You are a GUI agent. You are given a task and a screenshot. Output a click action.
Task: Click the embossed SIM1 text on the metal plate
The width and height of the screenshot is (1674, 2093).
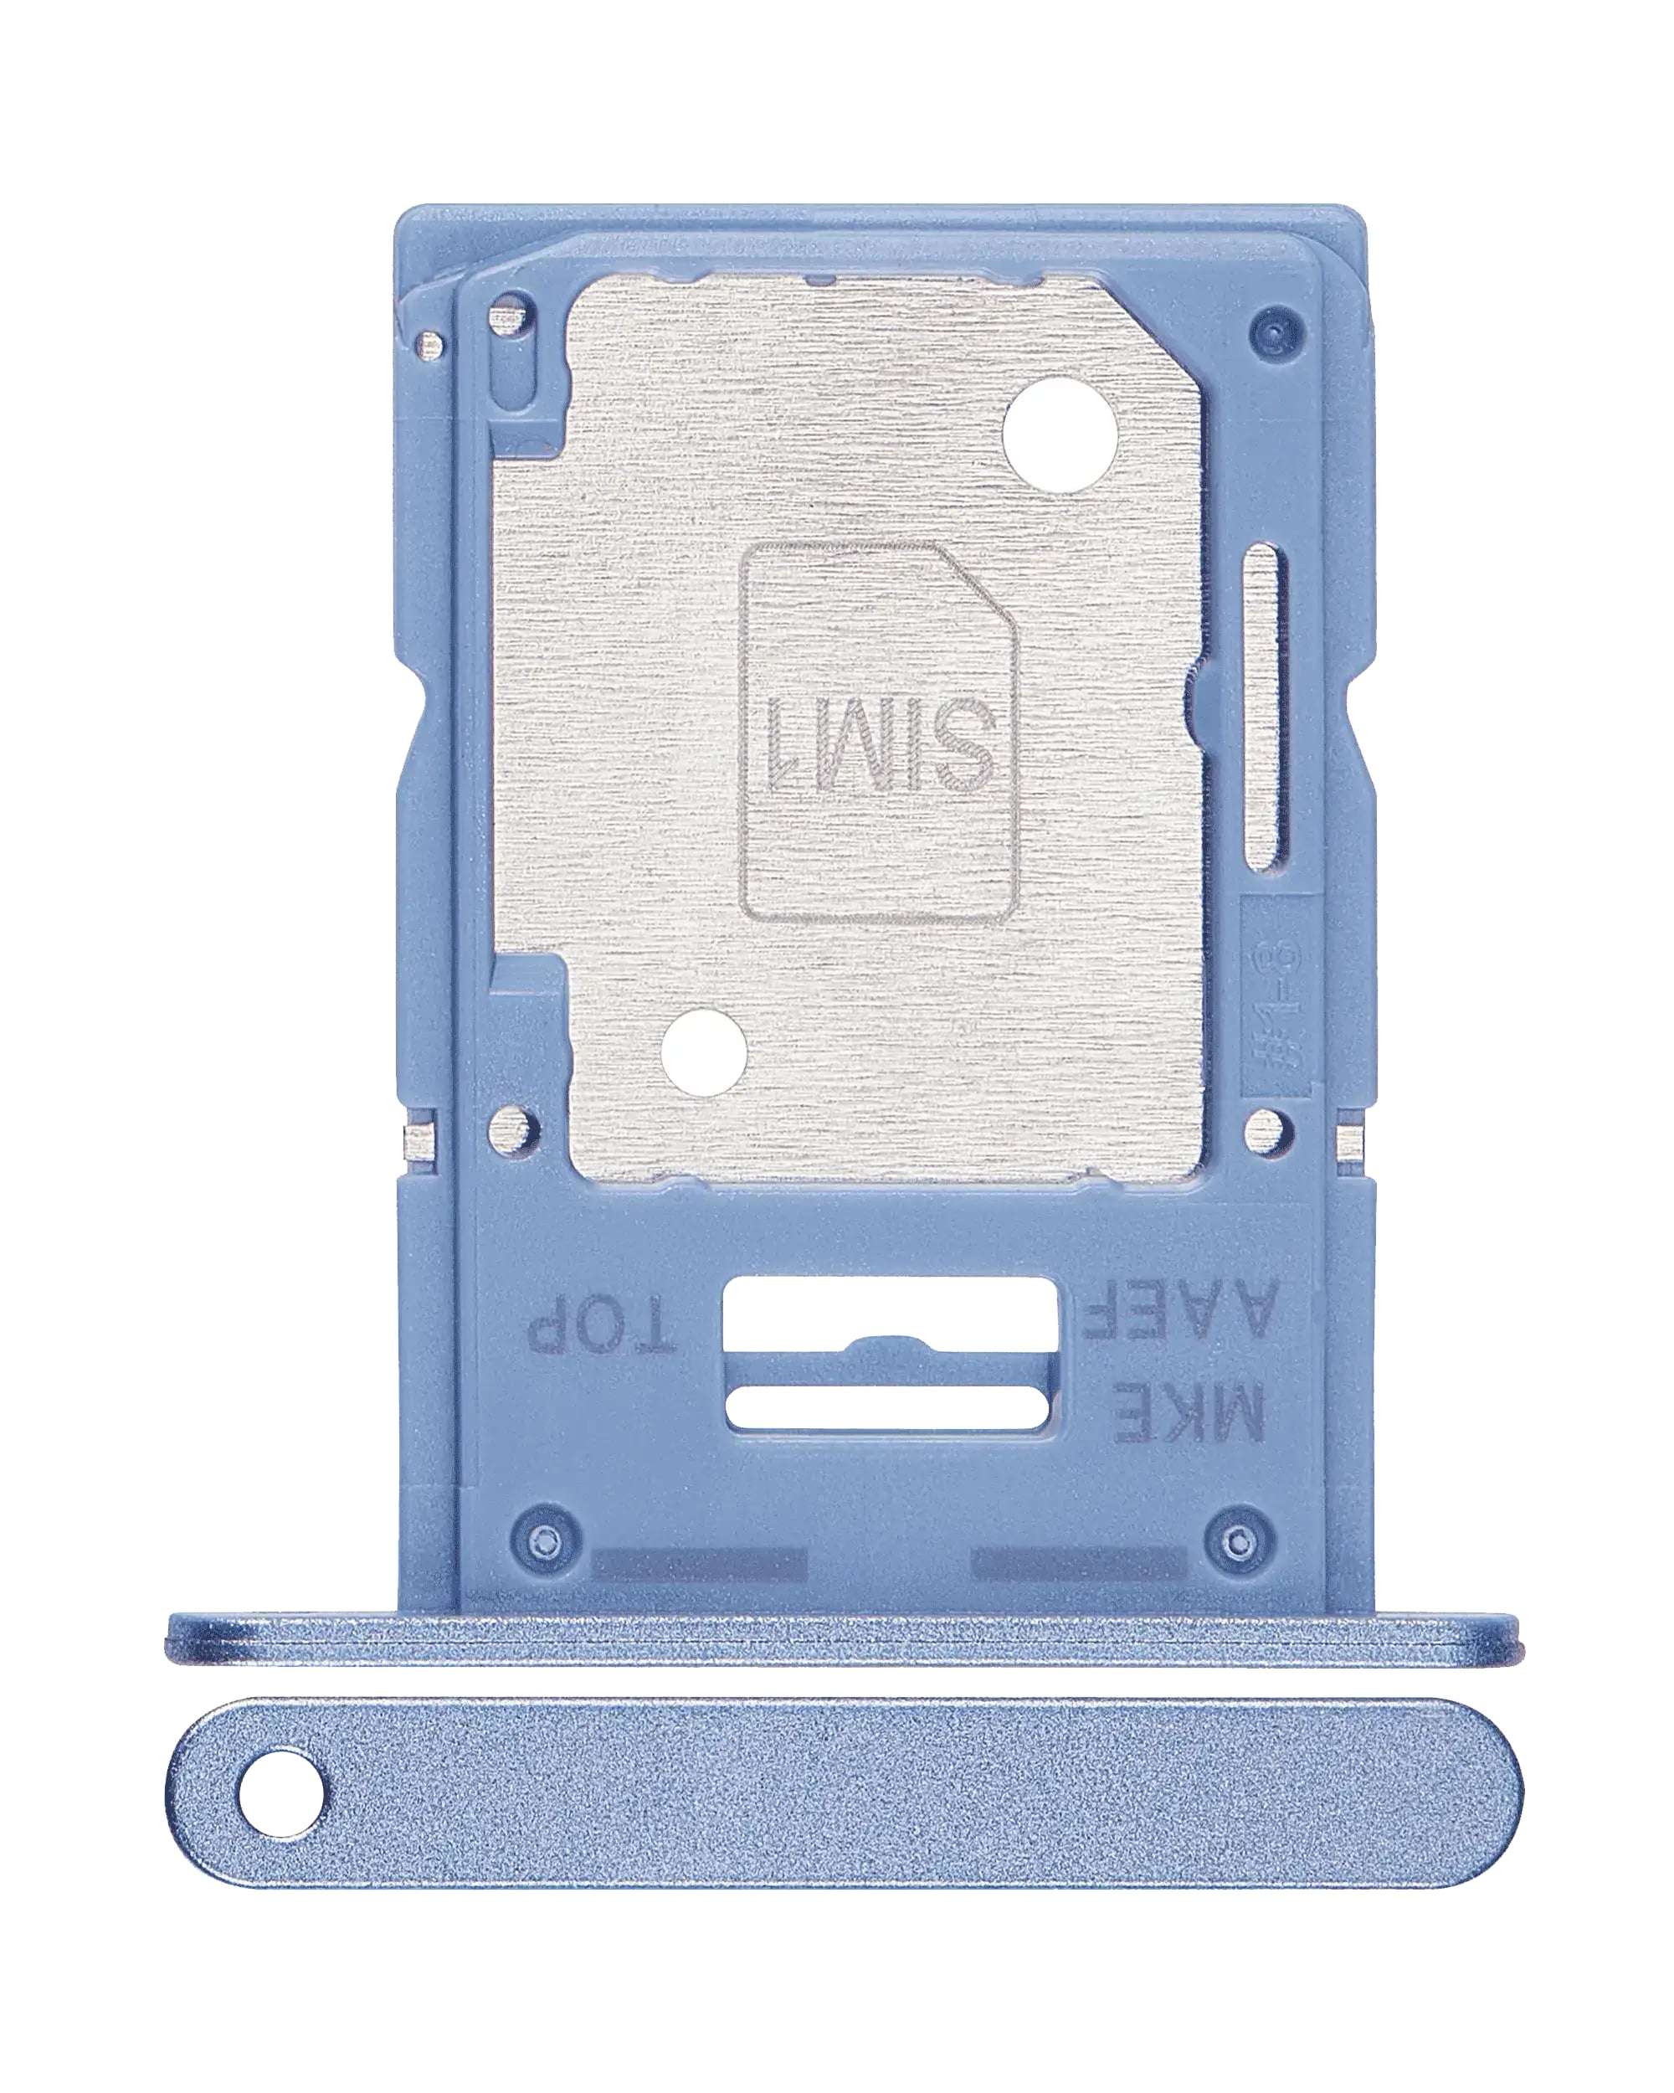[x=881, y=744]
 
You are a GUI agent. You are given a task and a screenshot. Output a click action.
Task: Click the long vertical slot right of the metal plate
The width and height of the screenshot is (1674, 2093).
[x=1266, y=707]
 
